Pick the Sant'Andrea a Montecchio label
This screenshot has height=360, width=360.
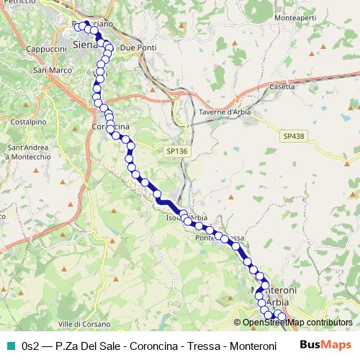point(28,152)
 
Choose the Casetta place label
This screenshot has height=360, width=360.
point(282,86)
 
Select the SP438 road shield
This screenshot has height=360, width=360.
point(293,135)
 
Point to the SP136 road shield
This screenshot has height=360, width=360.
point(176,150)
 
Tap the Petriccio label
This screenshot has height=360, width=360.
point(12,4)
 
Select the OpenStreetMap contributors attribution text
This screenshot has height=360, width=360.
point(297,323)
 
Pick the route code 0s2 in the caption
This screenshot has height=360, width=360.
point(31,346)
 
